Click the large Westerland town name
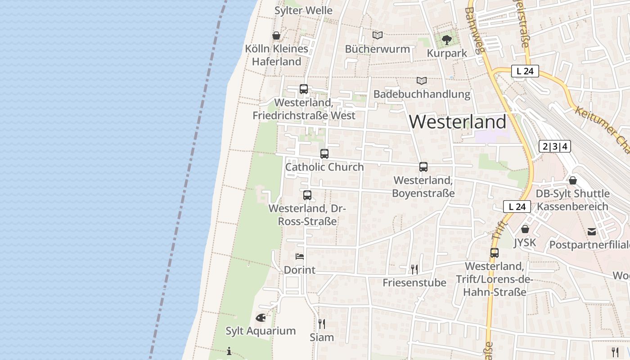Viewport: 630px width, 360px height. coord(458,122)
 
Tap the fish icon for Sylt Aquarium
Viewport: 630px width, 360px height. coord(261,318)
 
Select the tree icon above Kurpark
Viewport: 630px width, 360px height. coord(446,40)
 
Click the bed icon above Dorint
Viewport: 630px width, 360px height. coord(300,256)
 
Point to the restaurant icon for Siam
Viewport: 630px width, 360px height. coord(322,324)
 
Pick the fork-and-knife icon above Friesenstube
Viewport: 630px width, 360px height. coord(414,269)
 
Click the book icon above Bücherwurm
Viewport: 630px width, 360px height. coord(377,35)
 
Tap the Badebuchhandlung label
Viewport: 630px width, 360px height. coord(422,94)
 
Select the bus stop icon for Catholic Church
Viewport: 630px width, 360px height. coord(324,153)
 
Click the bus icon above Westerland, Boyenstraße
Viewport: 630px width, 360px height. coord(423,167)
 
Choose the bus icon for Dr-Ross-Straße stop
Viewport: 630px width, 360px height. coord(307,195)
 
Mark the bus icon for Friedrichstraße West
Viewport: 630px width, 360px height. coord(304,89)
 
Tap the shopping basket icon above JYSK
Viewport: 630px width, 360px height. coord(525,229)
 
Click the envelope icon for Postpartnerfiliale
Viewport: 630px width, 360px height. coord(592,232)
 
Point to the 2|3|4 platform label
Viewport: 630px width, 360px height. coord(554,146)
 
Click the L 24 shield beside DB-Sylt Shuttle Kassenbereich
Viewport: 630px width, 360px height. coord(517,207)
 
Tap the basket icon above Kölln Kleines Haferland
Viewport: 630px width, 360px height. coord(276,36)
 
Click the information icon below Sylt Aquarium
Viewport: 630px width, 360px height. coord(229,351)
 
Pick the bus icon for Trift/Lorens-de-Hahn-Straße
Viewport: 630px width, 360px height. coord(495,252)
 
